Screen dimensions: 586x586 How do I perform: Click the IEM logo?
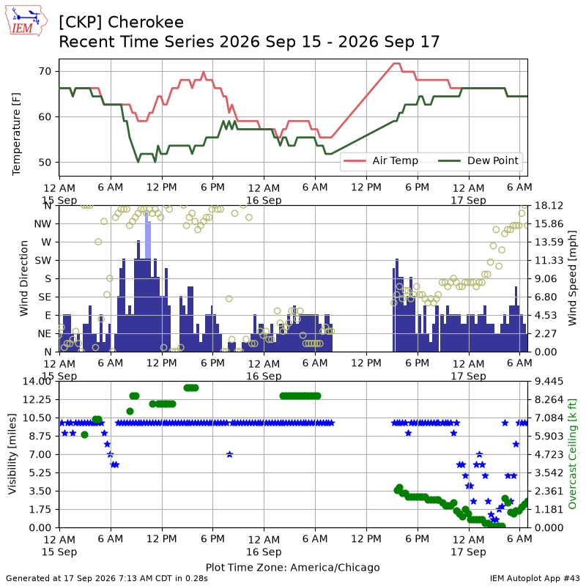coord(26,21)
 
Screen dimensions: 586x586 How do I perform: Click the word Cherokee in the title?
coord(146,23)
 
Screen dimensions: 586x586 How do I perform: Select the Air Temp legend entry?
coord(381,160)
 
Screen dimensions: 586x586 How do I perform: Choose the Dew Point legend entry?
coord(478,160)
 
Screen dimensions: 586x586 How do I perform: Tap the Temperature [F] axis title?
coord(15,134)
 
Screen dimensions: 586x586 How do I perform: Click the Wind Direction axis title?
coord(24,278)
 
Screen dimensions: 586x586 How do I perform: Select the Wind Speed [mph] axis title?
coord(572,278)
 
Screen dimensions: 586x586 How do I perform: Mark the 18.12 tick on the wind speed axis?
coord(549,206)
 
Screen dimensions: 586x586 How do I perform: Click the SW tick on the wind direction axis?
coord(42,261)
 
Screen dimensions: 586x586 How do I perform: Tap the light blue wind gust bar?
coord(148,235)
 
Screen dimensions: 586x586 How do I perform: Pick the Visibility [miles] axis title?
coord(12,454)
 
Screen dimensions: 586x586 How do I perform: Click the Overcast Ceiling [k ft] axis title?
coord(572,454)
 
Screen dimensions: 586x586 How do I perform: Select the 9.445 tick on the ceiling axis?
coord(549,381)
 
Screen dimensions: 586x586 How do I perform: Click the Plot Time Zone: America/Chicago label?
coord(292,568)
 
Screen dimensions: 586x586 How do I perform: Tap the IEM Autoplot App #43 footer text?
coord(535,579)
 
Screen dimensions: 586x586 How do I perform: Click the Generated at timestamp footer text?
coord(107,579)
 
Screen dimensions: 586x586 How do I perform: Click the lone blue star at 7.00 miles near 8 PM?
coord(229,454)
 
